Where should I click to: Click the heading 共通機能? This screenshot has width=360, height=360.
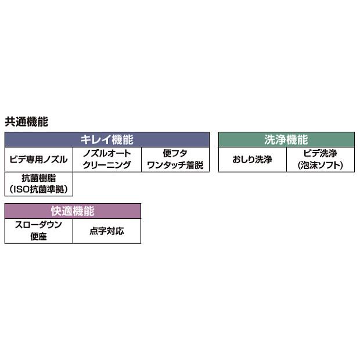pyautogui.click(x=26, y=122)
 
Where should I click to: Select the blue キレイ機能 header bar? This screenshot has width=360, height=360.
pyautogui.click(x=107, y=139)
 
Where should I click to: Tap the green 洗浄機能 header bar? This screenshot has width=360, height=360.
pyautogui.click(x=286, y=139)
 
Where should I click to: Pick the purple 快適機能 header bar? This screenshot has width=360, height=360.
pyautogui.click(x=73, y=211)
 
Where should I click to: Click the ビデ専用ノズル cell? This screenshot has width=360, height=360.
pyautogui.click(x=39, y=160)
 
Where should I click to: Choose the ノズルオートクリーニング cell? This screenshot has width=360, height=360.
pyautogui.click(x=107, y=160)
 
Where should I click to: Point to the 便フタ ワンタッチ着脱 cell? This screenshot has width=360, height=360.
pyautogui.click(x=175, y=160)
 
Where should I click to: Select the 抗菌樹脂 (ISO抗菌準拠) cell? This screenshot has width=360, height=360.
pyautogui.click(x=39, y=184)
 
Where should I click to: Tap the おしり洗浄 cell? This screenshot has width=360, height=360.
pyautogui.click(x=253, y=160)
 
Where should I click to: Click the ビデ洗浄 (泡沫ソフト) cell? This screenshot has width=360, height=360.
pyautogui.click(x=321, y=160)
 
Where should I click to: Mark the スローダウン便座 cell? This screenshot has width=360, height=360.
pyautogui.click(x=39, y=231)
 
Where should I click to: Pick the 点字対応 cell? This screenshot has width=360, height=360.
pyautogui.click(x=107, y=231)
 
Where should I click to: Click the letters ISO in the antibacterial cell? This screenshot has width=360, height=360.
pyautogui.click(x=22, y=189)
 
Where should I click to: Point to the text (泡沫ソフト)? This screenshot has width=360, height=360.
pyautogui.click(x=321, y=165)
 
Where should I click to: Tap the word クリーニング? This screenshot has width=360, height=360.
pyautogui.click(x=107, y=165)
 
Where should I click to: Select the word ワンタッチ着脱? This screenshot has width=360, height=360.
pyautogui.click(x=175, y=165)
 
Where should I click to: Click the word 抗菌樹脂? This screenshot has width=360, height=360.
pyautogui.click(x=39, y=178)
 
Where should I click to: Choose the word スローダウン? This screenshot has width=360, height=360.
pyautogui.click(x=38, y=225)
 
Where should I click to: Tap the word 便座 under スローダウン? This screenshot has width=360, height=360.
pyautogui.click(x=38, y=236)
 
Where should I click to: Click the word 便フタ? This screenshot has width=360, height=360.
pyautogui.click(x=175, y=153)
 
